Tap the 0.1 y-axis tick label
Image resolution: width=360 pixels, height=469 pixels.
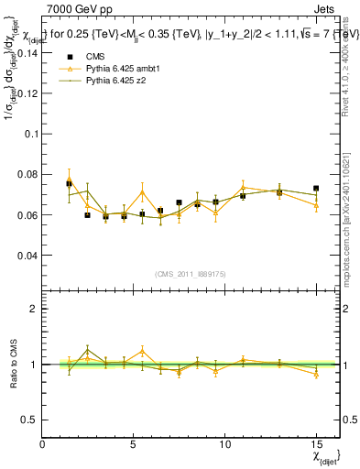tap(29, 134)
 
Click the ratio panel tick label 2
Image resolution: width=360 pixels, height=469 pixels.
tap(34, 309)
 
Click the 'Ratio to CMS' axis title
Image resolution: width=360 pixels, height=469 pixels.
tap(12, 364)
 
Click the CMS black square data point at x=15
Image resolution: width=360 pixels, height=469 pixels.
tap(316, 189)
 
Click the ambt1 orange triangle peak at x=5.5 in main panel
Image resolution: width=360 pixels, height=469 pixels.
tap(142, 192)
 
